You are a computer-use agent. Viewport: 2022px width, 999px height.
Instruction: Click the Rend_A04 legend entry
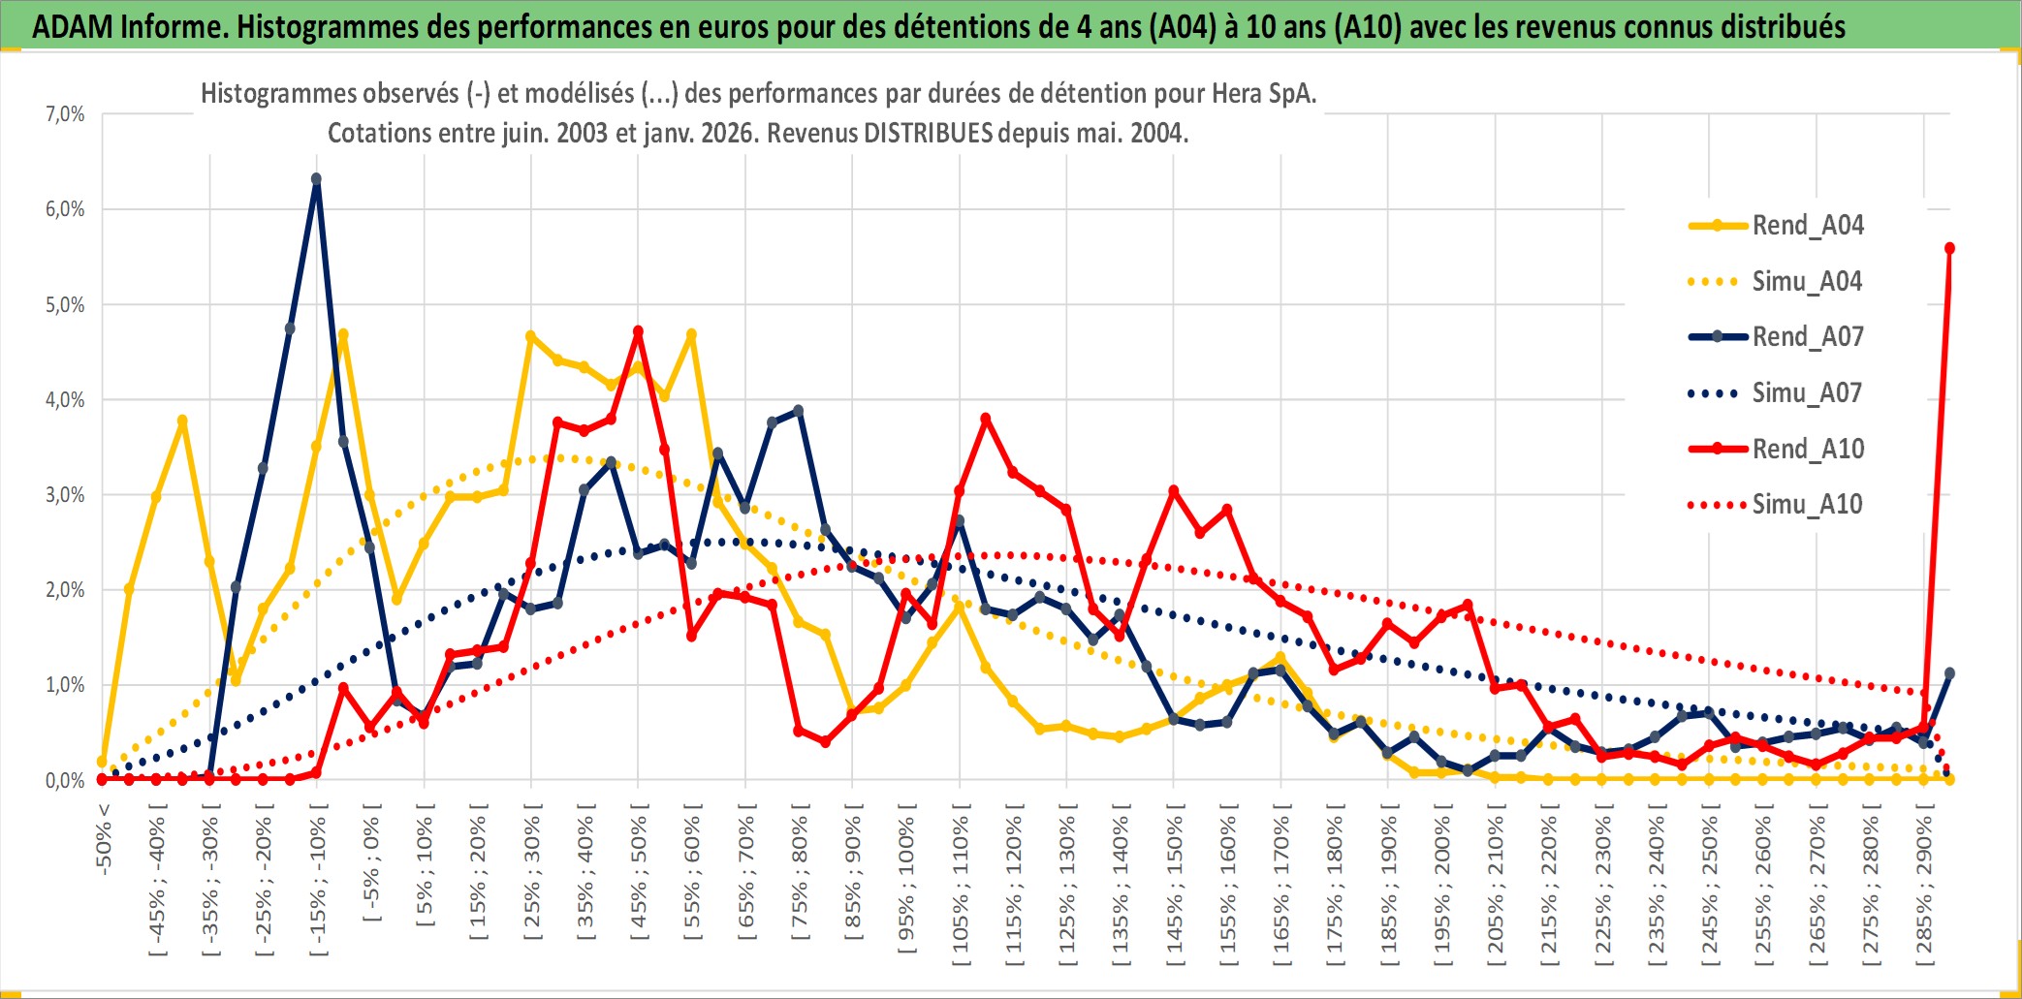pos(1807,226)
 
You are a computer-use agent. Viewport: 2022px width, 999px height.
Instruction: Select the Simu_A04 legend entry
pos(1807,282)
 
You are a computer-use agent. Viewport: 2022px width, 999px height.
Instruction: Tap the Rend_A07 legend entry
pos(1807,337)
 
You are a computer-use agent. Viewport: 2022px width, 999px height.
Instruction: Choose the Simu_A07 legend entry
pos(1807,393)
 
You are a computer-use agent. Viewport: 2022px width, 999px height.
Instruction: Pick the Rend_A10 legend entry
pos(1807,450)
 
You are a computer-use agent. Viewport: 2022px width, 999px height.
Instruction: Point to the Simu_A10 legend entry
pos(1807,505)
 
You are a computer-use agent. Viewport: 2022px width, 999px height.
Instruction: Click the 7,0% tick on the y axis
pos(65,114)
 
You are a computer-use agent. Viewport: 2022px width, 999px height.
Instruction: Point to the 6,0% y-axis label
pos(65,209)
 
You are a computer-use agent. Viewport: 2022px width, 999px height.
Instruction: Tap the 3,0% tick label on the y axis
pos(65,495)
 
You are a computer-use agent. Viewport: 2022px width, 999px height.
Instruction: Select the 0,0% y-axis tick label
pos(65,781)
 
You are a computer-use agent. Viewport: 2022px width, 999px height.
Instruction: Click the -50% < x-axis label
pos(104,839)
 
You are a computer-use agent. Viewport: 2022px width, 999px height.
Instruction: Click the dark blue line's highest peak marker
pos(316,179)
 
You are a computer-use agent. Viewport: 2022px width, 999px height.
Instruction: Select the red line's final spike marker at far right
pos(1949,248)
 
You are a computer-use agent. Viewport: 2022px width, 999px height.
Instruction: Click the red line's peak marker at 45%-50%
pos(638,331)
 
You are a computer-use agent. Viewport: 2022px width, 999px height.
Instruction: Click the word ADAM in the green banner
pos(73,26)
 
